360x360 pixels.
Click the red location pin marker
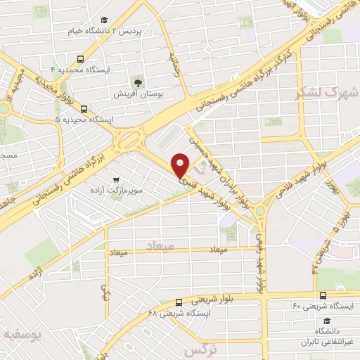click(181, 165)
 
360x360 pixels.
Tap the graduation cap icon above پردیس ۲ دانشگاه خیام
click(105, 20)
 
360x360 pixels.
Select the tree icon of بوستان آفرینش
click(138, 81)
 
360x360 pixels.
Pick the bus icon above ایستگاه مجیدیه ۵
click(84, 109)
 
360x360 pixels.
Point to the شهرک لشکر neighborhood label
click(333, 91)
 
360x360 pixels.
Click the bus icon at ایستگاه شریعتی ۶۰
click(323, 295)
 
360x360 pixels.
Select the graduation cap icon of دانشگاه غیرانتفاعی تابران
click(326, 319)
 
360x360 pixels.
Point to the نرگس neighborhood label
click(199, 349)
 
